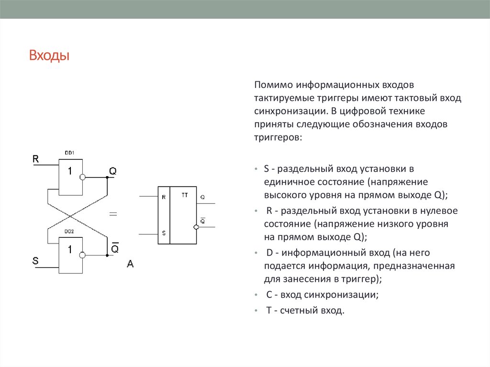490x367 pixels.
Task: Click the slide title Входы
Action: tap(49, 56)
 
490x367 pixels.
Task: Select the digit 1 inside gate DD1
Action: tap(70, 171)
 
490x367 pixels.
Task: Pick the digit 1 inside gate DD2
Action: tap(70, 249)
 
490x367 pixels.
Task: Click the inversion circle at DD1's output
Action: tap(82, 177)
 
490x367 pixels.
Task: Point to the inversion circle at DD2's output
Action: tap(82, 256)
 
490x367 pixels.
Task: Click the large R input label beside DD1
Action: tap(35, 159)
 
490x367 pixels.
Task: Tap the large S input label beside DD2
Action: tap(35, 261)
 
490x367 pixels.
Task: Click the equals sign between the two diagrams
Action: tap(113, 214)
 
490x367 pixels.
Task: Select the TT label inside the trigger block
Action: tap(185, 195)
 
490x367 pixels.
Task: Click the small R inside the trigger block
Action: tap(164, 197)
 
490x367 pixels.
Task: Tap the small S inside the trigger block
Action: tap(164, 233)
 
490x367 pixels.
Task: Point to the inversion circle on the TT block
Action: tap(196, 226)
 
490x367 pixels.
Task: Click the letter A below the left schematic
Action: tap(130, 263)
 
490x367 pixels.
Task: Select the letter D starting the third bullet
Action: tap(268, 252)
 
